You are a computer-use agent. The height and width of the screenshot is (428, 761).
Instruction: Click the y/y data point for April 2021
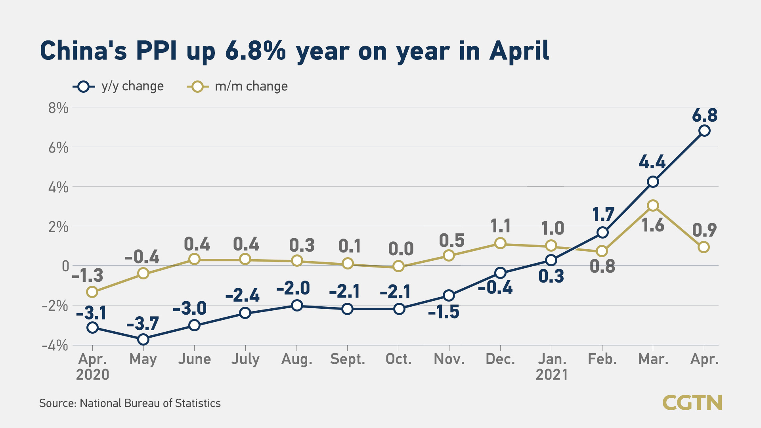[704, 130]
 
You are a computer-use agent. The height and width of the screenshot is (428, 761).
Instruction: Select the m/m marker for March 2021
[653, 205]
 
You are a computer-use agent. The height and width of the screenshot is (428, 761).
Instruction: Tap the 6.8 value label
[704, 115]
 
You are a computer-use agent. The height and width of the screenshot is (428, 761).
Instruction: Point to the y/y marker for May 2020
[143, 339]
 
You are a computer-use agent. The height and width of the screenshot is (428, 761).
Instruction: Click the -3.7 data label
[143, 324]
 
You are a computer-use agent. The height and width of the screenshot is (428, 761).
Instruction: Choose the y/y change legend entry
[119, 86]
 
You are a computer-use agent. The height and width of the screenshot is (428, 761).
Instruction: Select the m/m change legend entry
[237, 86]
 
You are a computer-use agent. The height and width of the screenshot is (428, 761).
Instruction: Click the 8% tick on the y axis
[58, 108]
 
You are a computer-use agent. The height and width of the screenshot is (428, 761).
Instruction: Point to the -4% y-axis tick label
[55, 346]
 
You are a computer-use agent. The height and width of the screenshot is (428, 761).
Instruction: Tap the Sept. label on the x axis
[348, 359]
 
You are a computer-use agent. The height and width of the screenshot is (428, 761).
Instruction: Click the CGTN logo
[692, 403]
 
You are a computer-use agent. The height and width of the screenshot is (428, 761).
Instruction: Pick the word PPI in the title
[156, 51]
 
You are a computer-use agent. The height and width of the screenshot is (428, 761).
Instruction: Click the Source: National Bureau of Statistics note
[130, 403]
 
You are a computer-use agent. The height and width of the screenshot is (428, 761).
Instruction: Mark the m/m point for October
[398, 266]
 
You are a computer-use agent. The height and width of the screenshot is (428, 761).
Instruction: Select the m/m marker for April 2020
[92, 292]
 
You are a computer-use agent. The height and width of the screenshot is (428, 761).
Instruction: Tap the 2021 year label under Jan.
[551, 375]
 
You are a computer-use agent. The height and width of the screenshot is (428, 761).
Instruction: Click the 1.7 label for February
[603, 214]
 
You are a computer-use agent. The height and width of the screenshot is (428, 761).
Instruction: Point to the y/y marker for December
[501, 273]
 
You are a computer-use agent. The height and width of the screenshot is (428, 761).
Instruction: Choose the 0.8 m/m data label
[602, 266]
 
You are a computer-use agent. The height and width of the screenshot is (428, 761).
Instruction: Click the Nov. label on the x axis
[449, 359]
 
